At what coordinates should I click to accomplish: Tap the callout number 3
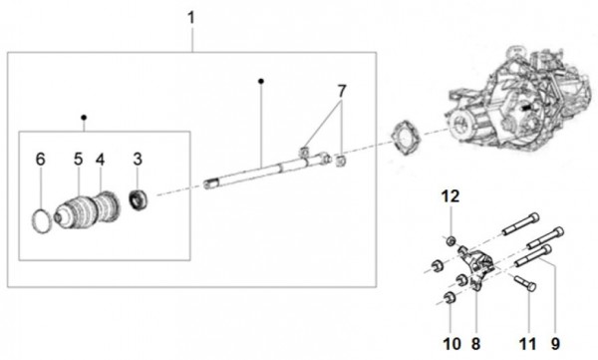pyautogui.click(x=139, y=159)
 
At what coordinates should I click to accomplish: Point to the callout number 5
pyautogui.click(x=77, y=159)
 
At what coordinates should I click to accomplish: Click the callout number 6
pyautogui.click(x=41, y=159)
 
